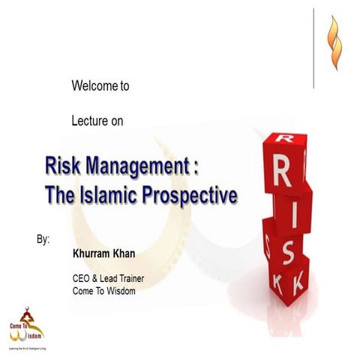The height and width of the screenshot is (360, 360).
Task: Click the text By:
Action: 43,240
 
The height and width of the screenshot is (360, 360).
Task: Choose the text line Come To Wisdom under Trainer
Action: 103,291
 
